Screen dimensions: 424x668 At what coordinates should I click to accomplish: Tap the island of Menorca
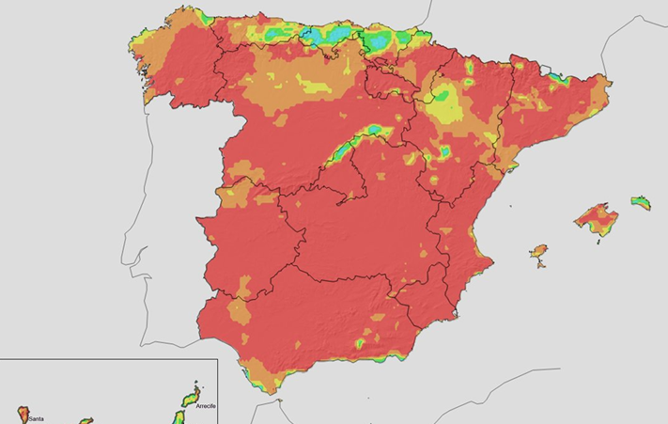[641, 201]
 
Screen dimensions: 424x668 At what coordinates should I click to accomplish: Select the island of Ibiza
[538, 252]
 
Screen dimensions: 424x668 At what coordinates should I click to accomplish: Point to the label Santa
[36, 419]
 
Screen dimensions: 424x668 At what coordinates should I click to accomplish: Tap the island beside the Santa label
[22, 413]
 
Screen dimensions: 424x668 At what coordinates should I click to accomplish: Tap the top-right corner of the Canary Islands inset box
[217, 358]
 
